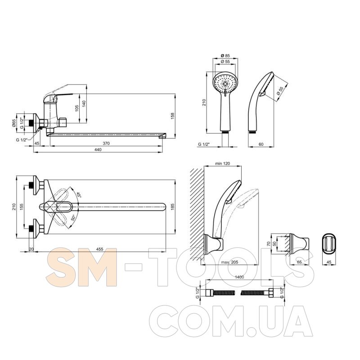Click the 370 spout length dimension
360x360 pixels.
point(106,143)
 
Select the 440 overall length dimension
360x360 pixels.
point(98,150)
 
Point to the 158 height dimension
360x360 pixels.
point(173,116)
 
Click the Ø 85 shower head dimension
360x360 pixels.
point(225,55)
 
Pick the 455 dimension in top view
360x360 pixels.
point(99,249)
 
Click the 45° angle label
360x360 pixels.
point(79,195)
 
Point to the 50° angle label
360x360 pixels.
point(73,218)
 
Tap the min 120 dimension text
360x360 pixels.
point(222,164)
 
